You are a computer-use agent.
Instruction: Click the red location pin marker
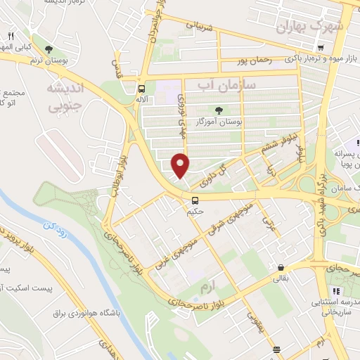click(x=181, y=165)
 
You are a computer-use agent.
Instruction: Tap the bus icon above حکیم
click(x=194, y=200)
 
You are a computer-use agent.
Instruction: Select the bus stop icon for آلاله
click(x=142, y=89)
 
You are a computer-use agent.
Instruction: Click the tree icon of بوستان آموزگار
click(x=219, y=109)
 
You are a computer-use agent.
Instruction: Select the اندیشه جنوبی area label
click(x=64, y=97)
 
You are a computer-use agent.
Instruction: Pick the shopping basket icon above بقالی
click(x=281, y=267)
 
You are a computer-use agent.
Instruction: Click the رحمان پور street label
click(x=255, y=60)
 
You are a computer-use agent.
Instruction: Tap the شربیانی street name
click(x=198, y=27)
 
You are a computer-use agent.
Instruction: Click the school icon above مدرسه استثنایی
click(x=336, y=291)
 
